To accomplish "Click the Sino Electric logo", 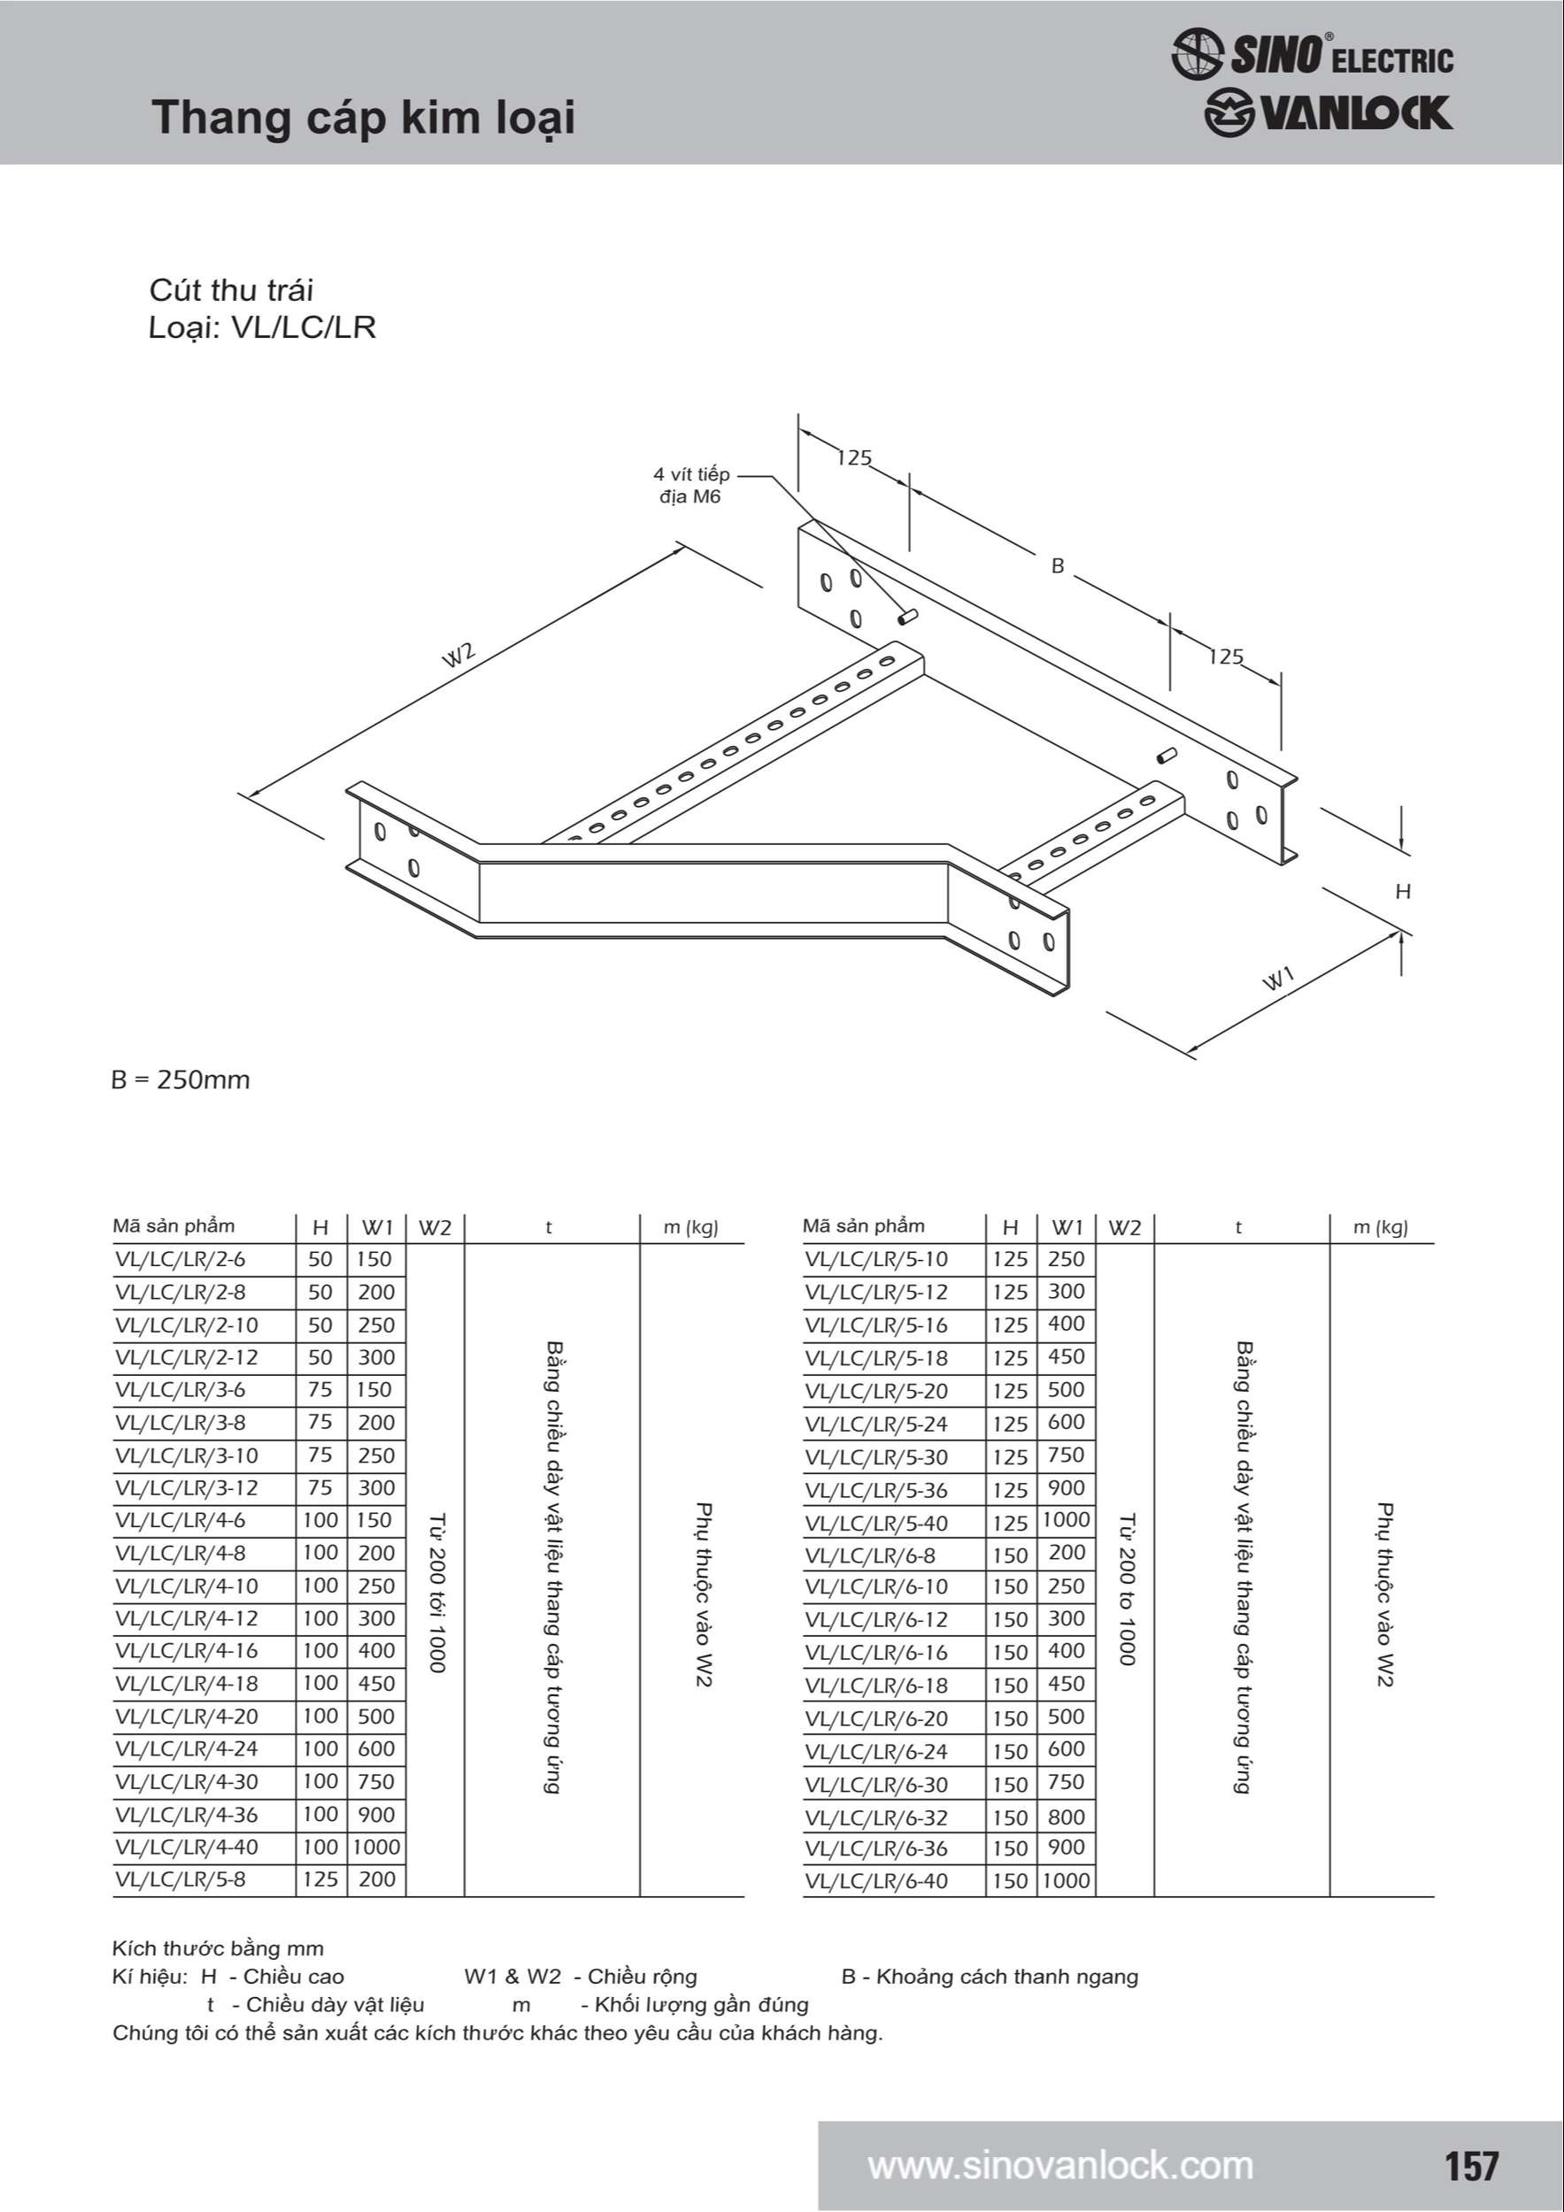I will pos(1312,54).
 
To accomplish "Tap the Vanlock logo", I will pos(1327,113).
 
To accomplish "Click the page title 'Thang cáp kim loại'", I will pos(363,119).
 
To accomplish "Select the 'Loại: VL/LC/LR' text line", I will pos(262,327).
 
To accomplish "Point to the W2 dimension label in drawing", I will pos(458,654).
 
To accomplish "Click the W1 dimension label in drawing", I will pos(1279,979).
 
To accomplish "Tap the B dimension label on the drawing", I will pos(1057,566).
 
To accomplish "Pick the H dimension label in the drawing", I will pos(1403,892).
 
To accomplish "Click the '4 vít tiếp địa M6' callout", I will pos(691,486).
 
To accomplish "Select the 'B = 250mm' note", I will pos(181,1080).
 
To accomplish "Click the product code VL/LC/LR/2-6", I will pos(181,1259).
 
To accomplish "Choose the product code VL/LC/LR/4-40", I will pos(187,1847).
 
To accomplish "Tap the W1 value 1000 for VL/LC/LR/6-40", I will pos(1066,1880).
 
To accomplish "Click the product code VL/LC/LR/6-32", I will pos(876,1818).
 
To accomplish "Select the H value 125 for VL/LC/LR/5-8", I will pos(321,1878).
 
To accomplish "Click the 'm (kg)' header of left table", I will pos(691,1227).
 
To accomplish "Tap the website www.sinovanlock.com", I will pos(1060,2166).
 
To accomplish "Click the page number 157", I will pos(1471,2166).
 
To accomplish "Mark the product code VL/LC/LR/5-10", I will pos(876,1259).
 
